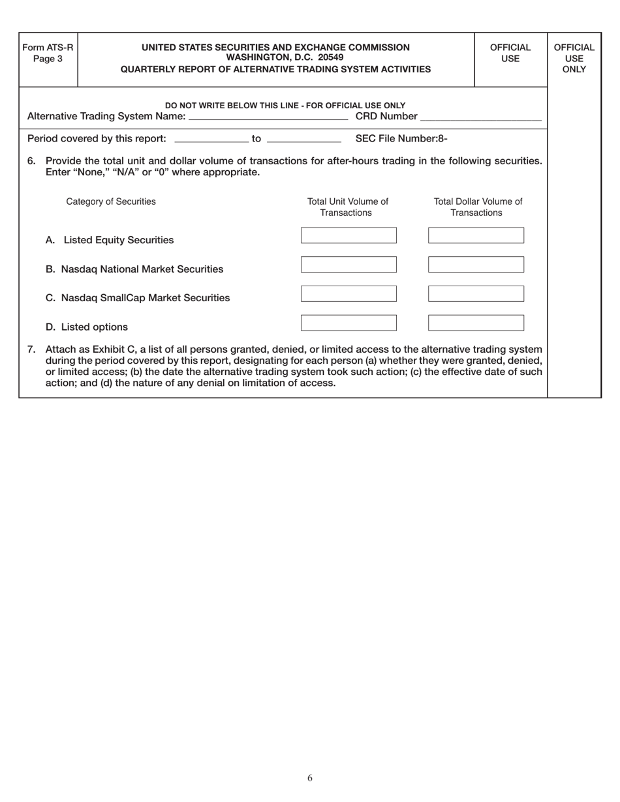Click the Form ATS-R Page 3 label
click(48, 53)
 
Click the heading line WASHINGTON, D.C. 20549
click(275, 58)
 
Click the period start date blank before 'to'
click(212, 140)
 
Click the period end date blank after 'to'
click(304, 140)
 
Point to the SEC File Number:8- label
click(401, 138)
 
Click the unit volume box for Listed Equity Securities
click(349, 235)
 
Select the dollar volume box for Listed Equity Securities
click(476, 235)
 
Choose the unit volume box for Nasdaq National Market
click(349, 265)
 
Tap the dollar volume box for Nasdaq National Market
click(476, 265)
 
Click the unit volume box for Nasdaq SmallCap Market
click(349, 294)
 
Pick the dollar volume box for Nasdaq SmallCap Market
click(476, 294)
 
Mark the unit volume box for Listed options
click(349, 323)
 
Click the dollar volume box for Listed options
click(476, 323)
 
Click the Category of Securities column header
click(111, 201)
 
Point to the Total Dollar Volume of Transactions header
click(478, 207)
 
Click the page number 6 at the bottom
click(310, 777)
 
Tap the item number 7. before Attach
click(31, 349)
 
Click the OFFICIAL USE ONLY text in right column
click(574, 58)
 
